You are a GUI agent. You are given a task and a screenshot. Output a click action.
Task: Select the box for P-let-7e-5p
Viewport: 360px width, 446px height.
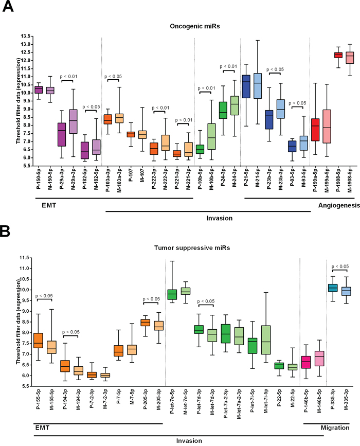[x=172, y=294]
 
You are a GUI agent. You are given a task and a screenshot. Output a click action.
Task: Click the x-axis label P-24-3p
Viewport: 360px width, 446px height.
[x=223, y=183]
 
